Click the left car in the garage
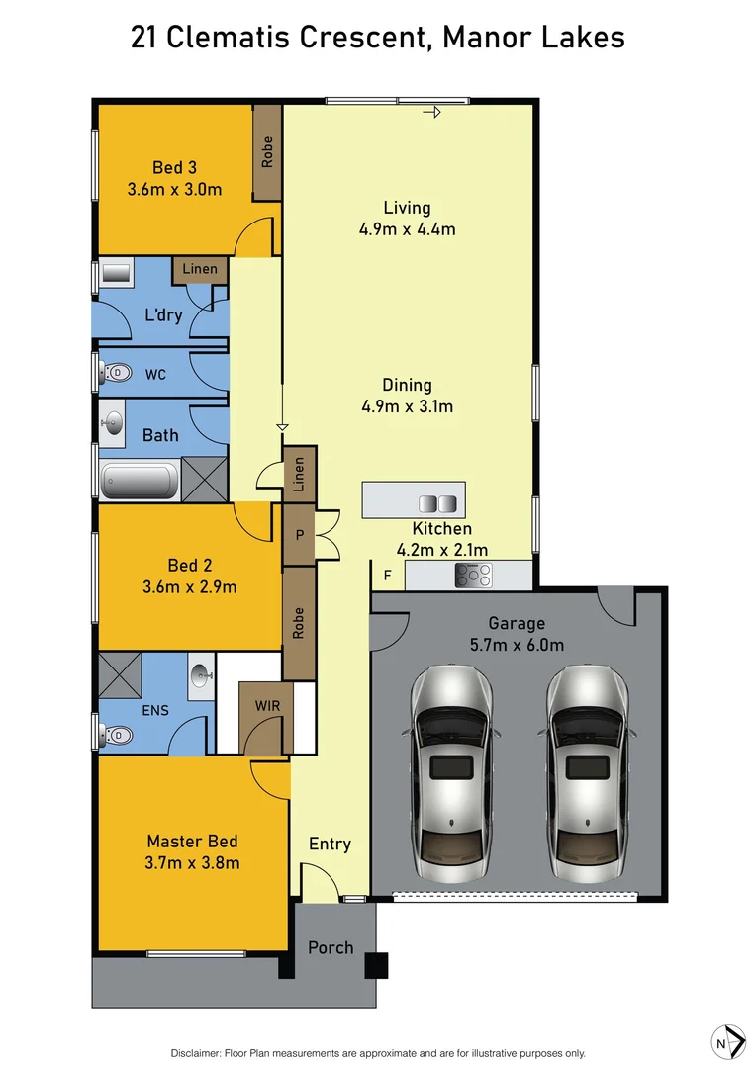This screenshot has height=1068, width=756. tap(450, 773)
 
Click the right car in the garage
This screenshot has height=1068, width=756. tap(587, 773)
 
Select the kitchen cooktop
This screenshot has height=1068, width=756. tap(473, 574)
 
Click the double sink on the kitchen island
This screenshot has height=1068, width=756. tap(438, 502)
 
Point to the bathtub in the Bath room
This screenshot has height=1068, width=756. tap(140, 481)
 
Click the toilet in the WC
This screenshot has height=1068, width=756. tap(116, 373)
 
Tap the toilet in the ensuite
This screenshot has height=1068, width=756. tap(116, 735)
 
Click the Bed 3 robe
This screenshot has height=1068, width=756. tap(267, 151)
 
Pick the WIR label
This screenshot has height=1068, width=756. tap(265, 707)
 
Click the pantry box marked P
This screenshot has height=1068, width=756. tap(299, 535)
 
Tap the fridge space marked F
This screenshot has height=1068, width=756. tap(386, 574)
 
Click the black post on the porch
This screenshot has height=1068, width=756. tap(376, 965)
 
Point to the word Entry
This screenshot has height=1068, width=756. tap(330, 844)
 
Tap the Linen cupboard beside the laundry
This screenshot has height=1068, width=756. tap(200, 269)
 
